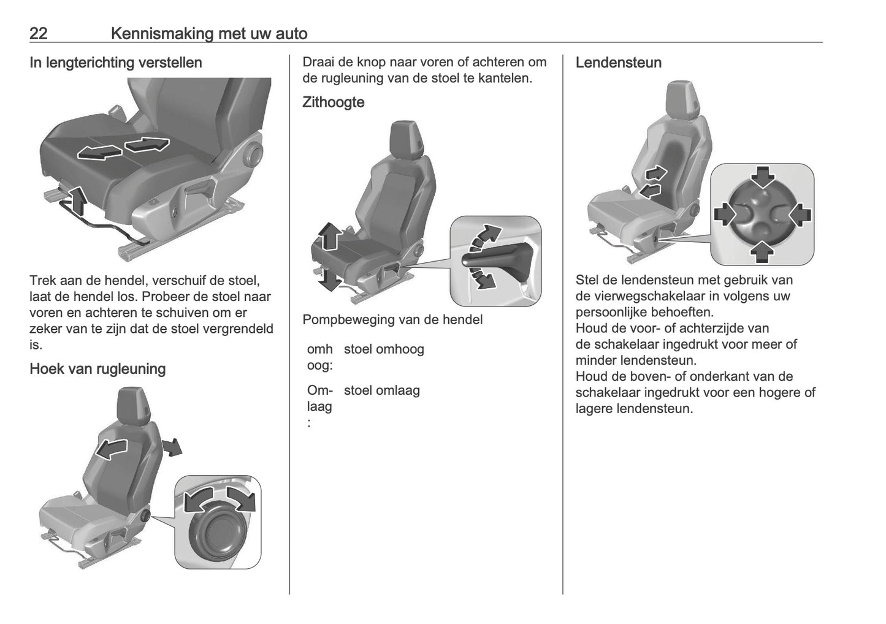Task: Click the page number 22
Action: pyautogui.click(x=39, y=33)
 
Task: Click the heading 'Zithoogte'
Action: pyautogui.click(x=333, y=102)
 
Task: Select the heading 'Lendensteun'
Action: pyautogui.click(x=618, y=63)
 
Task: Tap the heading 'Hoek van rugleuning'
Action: pyautogui.click(x=97, y=369)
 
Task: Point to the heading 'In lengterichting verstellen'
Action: pyautogui.click(x=116, y=63)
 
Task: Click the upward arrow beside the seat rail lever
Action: pyautogui.click(x=77, y=201)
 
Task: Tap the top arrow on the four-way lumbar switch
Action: pyautogui.click(x=762, y=177)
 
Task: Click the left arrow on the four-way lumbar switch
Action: pyautogui.click(x=725, y=214)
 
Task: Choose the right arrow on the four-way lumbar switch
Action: pyautogui.click(x=800, y=214)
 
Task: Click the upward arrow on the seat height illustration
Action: pyautogui.click(x=329, y=235)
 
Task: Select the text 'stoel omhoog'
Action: pyautogui.click(x=384, y=349)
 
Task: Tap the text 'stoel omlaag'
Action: pyautogui.click(x=381, y=390)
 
